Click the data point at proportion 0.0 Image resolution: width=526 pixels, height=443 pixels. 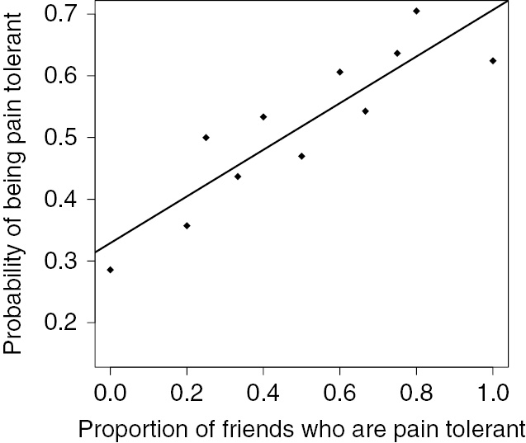pos(110,270)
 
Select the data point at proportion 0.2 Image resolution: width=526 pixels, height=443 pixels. pos(187,225)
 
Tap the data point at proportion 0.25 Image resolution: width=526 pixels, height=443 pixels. pos(206,137)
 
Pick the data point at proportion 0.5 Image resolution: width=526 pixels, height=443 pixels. pos(301,156)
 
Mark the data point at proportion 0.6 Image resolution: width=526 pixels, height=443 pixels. pos(339,72)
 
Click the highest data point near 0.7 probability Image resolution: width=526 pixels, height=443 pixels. pos(416,11)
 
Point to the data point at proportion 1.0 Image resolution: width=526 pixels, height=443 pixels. pos(493,60)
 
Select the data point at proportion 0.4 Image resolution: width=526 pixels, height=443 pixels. pos(263,116)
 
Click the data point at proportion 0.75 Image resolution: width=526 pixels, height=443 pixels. pos(397,53)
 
